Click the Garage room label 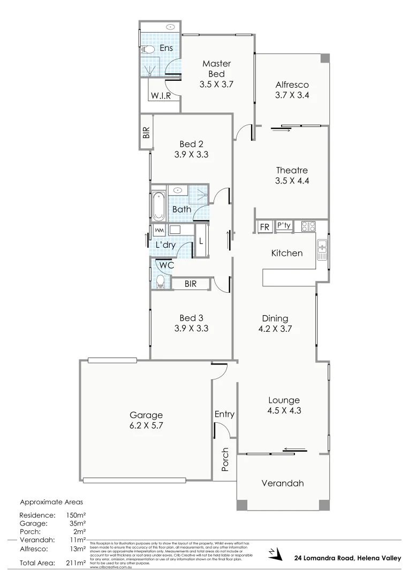[146, 415]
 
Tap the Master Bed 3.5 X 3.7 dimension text [217, 84]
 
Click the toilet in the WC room [160, 281]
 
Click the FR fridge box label [264, 227]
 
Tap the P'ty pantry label [284, 226]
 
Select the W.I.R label [161, 96]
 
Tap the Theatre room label [292, 171]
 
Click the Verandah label [283, 483]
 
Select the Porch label [225, 459]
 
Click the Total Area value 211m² [75, 563]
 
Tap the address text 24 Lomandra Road [324, 558]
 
